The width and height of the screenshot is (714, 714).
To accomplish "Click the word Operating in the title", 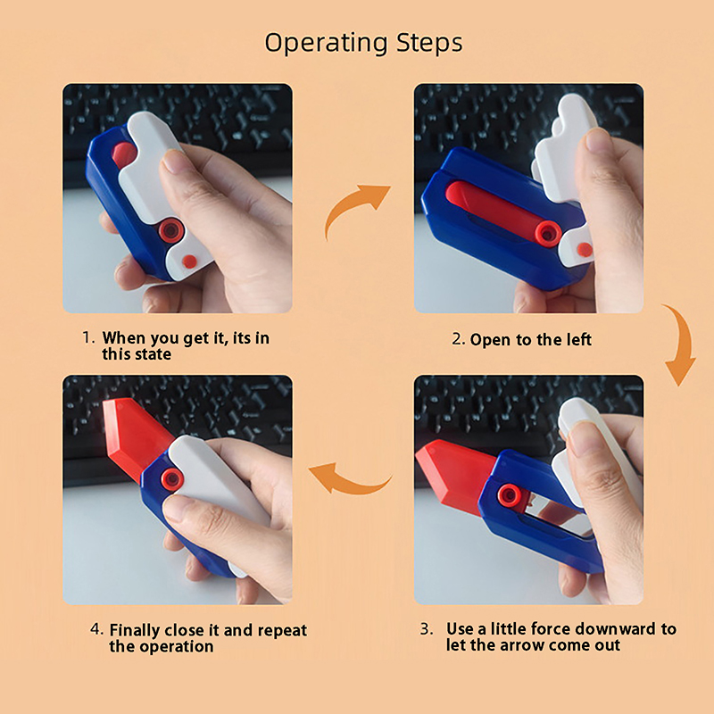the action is point(326,43).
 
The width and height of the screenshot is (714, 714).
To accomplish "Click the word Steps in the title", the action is point(429,43).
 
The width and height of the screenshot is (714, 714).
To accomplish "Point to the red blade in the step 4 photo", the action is point(133,435).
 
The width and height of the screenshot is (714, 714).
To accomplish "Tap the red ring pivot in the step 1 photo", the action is point(171,230).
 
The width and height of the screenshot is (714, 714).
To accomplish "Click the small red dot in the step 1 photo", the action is point(189,262).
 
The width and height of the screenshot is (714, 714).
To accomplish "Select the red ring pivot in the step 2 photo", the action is point(547,234).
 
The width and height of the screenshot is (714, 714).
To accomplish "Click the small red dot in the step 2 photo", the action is point(585,250).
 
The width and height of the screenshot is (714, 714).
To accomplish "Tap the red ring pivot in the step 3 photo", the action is point(509,495).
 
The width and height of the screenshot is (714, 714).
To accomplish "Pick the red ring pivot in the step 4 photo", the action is point(172,478).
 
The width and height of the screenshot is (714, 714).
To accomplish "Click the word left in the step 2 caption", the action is point(578,340).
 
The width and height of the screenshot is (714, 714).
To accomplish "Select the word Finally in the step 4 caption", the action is point(135,631).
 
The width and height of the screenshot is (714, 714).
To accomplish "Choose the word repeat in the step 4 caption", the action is point(282,631).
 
